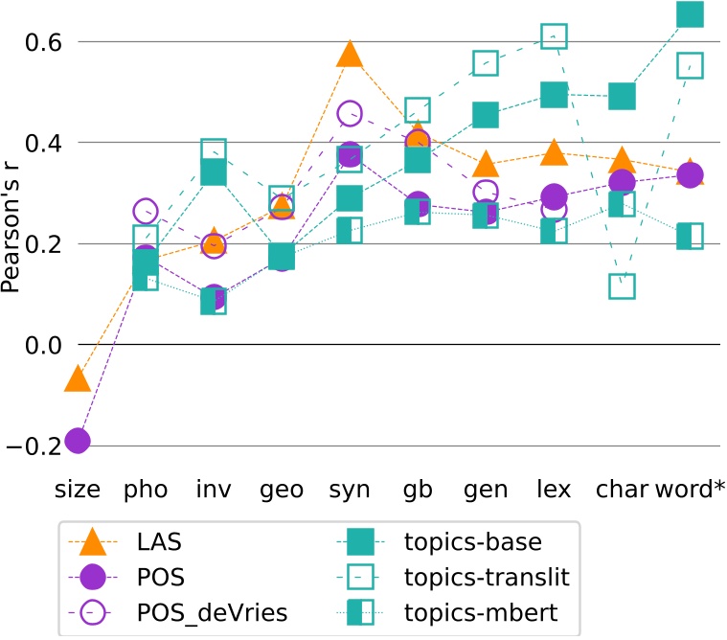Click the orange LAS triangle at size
pos(78,378)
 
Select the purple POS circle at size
pos(78,441)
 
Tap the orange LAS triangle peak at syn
pos(350,55)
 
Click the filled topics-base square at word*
pos(690,13)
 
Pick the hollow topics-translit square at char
pos(622,286)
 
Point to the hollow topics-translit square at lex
pos(554,36)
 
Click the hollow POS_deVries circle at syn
pos(350,114)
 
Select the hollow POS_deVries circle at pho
pos(146,212)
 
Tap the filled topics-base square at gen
pos(486,115)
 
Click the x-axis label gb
pos(418,489)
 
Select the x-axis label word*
pos(690,489)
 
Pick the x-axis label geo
pos(282,489)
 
